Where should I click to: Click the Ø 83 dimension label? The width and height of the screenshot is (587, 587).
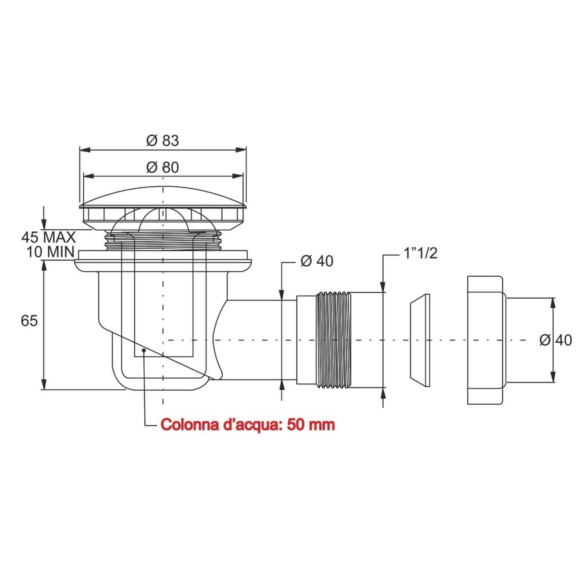(x=163, y=141)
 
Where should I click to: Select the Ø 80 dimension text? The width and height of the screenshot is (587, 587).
(x=163, y=167)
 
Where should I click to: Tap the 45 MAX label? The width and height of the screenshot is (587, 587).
(x=48, y=237)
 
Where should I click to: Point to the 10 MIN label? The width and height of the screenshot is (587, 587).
(x=50, y=252)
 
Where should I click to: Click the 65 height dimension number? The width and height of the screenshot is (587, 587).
(x=29, y=321)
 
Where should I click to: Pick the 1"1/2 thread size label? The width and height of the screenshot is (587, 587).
(x=421, y=253)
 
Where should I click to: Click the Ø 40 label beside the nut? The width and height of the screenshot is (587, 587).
(x=556, y=340)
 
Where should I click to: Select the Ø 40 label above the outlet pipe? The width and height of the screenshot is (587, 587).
(x=317, y=261)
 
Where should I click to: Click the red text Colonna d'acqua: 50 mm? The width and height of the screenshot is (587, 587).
(x=248, y=425)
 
